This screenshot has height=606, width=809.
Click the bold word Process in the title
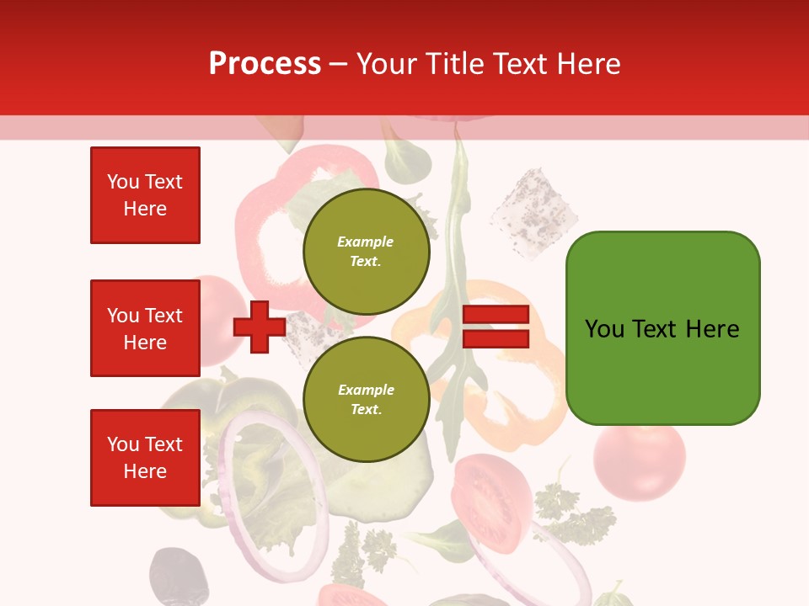[x=265, y=63]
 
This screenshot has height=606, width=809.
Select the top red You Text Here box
[x=145, y=195]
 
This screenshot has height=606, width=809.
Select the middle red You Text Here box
[x=145, y=328]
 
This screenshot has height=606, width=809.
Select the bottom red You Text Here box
[x=145, y=457]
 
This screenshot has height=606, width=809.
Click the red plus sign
[x=260, y=327]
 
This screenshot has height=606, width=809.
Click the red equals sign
[x=496, y=327]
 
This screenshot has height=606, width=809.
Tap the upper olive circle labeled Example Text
[x=366, y=251]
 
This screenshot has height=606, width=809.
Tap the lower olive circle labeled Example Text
[x=366, y=399]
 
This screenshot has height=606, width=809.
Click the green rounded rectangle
[x=662, y=328]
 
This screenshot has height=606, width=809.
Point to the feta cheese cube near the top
[x=533, y=203]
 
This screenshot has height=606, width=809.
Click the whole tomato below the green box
[x=639, y=462]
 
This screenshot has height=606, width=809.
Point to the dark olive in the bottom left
[x=178, y=576]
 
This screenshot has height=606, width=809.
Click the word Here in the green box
[x=712, y=329]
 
